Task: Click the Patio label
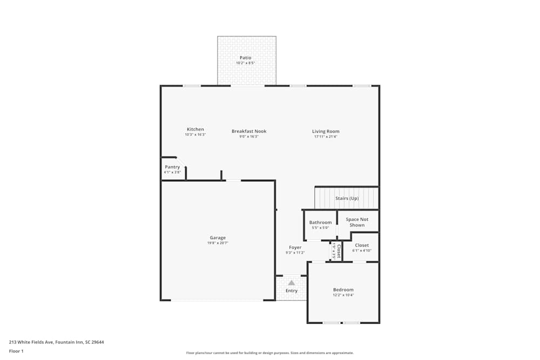245,58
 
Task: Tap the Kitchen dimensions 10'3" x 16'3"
195,134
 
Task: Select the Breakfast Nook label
249,131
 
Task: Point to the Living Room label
326,131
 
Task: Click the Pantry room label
172,167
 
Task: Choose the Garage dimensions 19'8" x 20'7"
218,243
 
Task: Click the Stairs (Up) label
347,199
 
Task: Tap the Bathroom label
320,222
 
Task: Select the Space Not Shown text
357,222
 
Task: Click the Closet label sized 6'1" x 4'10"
362,246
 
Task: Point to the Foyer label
295,248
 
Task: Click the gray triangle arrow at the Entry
292,282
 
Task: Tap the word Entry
292,291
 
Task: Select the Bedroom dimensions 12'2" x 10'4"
343,295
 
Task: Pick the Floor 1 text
16,351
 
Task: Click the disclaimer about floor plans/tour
270,353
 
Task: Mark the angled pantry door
181,161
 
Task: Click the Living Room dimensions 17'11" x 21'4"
326,137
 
